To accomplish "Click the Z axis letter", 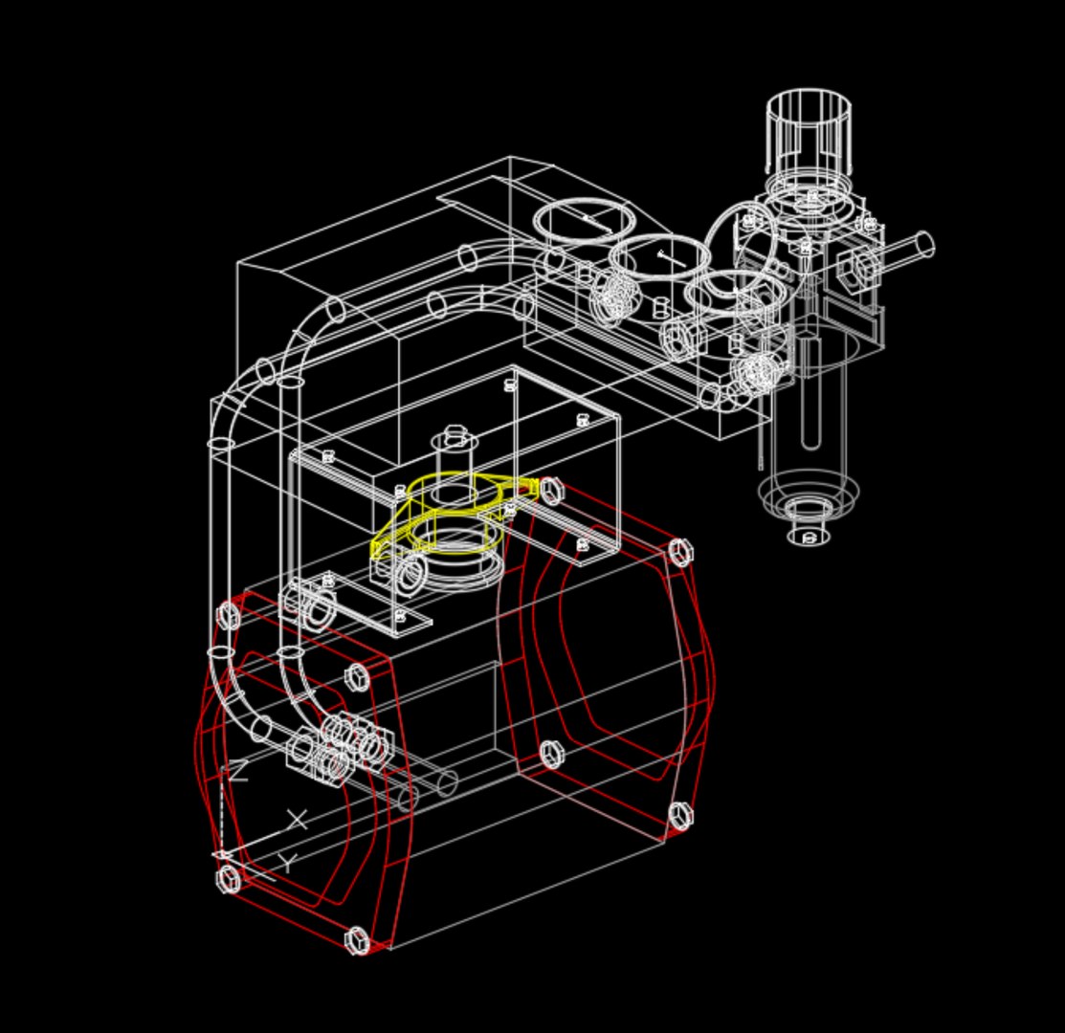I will point(236,771).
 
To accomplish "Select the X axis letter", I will point(298,820).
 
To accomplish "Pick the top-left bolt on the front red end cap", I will point(228,615).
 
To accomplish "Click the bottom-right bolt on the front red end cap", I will point(357,940).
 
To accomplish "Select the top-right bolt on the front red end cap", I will point(356,677).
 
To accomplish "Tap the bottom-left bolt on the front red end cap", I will point(229,878).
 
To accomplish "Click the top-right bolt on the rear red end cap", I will point(679,552).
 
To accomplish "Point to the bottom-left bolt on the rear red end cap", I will point(551,755).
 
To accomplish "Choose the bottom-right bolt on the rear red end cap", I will point(679,816).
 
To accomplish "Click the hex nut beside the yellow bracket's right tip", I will point(552,491).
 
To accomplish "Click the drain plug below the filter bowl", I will point(809,536).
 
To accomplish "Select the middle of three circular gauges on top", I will point(660,256).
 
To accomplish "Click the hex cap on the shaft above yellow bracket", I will point(455,435).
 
